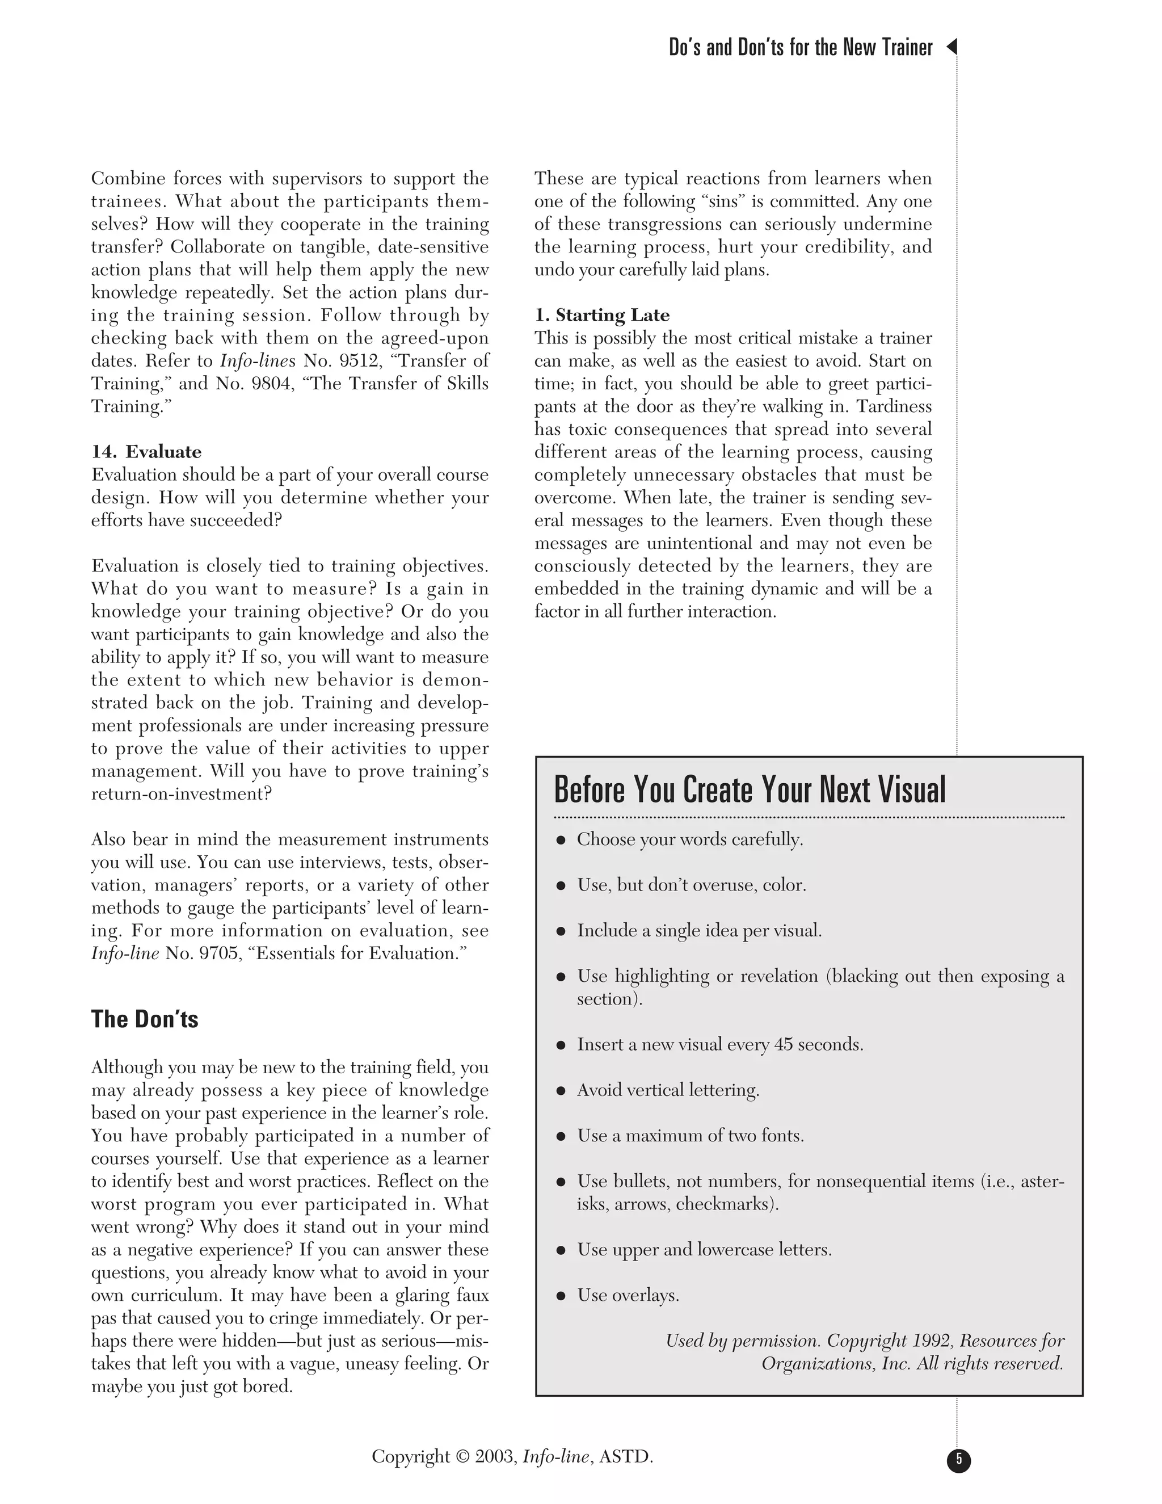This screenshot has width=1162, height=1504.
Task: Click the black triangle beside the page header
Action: pos(952,47)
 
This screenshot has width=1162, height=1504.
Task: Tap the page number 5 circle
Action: pos(958,1459)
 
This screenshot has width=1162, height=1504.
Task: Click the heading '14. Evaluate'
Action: pos(146,452)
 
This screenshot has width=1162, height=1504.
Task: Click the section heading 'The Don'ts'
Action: pos(145,1019)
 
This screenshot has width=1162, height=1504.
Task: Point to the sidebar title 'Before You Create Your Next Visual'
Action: pos(750,789)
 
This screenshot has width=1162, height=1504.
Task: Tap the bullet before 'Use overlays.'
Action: pos(561,1295)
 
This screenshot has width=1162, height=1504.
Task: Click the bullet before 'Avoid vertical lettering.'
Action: pos(561,1090)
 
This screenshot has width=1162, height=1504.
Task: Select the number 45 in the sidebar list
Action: pos(784,1045)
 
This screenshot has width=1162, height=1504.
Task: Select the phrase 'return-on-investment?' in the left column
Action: pos(182,793)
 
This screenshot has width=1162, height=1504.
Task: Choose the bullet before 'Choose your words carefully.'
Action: pos(561,840)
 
